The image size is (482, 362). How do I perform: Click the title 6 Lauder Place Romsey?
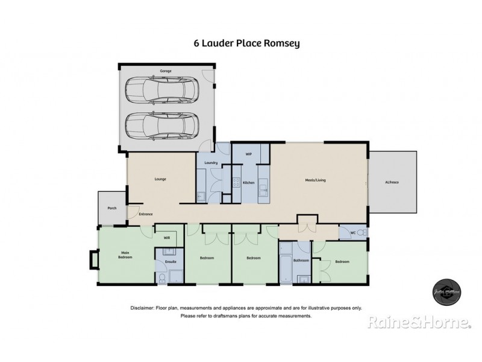pos(240,43)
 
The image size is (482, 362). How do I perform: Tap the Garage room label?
pos(165,71)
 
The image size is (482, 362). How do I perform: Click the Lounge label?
pos(160,179)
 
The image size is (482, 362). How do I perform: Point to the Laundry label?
pos(211,163)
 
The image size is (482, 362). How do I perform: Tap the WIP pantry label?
pos(248,154)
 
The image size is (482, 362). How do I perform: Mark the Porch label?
pos(111,208)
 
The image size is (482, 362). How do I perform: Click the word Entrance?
pos(146,214)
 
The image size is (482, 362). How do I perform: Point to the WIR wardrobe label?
pos(167,238)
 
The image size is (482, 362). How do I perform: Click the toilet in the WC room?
pos(360,233)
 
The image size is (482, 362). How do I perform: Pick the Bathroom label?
pos(301,261)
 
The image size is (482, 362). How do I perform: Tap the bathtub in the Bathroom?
pos(286,262)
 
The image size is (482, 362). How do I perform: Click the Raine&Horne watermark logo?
pos(419,324)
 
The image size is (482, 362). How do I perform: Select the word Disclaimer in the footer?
pos(143,308)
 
